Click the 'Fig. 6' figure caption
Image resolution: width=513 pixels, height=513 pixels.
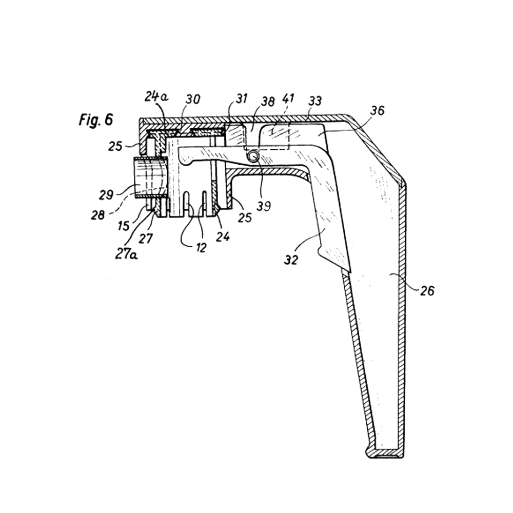[96, 120]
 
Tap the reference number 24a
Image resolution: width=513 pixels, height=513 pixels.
[156, 96]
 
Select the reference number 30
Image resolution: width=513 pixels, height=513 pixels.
[193, 99]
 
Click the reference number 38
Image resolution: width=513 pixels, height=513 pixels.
[268, 102]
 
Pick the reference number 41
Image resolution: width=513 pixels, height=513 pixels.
[288, 98]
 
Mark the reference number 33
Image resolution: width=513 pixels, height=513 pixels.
[315, 101]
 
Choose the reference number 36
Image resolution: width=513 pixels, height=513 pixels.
[377, 111]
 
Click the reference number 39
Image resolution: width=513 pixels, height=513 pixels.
[264, 206]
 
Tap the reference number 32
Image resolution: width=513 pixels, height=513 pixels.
[291, 260]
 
